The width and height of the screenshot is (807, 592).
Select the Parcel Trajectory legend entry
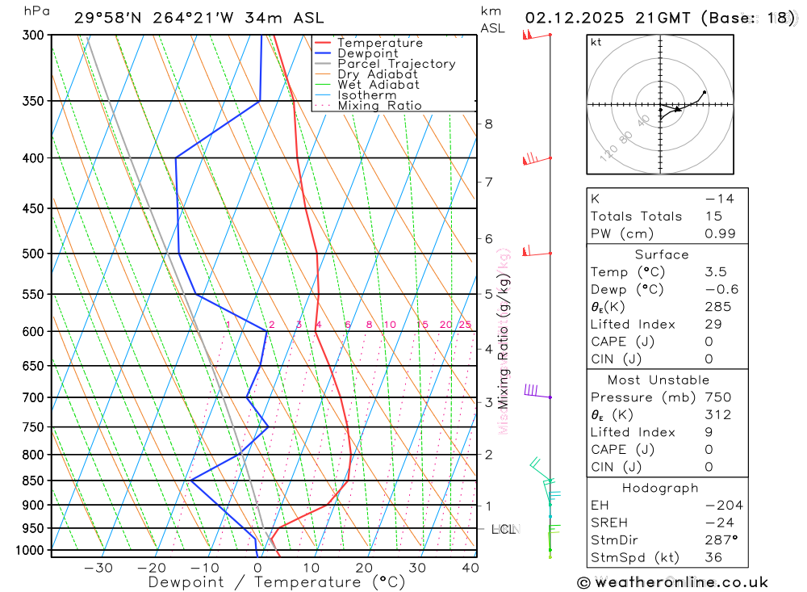pyautogui.click(x=396, y=64)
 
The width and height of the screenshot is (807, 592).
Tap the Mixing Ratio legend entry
pyautogui.click(x=379, y=106)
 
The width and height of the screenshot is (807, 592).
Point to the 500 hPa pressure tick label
pyautogui.click(x=33, y=254)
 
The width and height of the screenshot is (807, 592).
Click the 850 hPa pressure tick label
pyautogui.click(x=33, y=481)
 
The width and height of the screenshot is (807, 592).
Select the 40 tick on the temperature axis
pyautogui.click(x=470, y=568)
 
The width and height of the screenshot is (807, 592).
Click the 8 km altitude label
pyautogui.click(x=488, y=124)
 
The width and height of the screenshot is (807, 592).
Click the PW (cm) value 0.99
pyautogui.click(x=720, y=233)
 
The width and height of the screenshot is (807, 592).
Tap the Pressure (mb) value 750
pyautogui.click(x=717, y=397)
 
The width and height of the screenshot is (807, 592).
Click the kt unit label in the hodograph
pyautogui.click(x=596, y=42)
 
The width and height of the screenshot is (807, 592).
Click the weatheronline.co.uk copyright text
pyautogui.click(x=672, y=582)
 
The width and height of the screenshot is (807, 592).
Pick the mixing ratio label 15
pyautogui.click(x=422, y=325)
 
